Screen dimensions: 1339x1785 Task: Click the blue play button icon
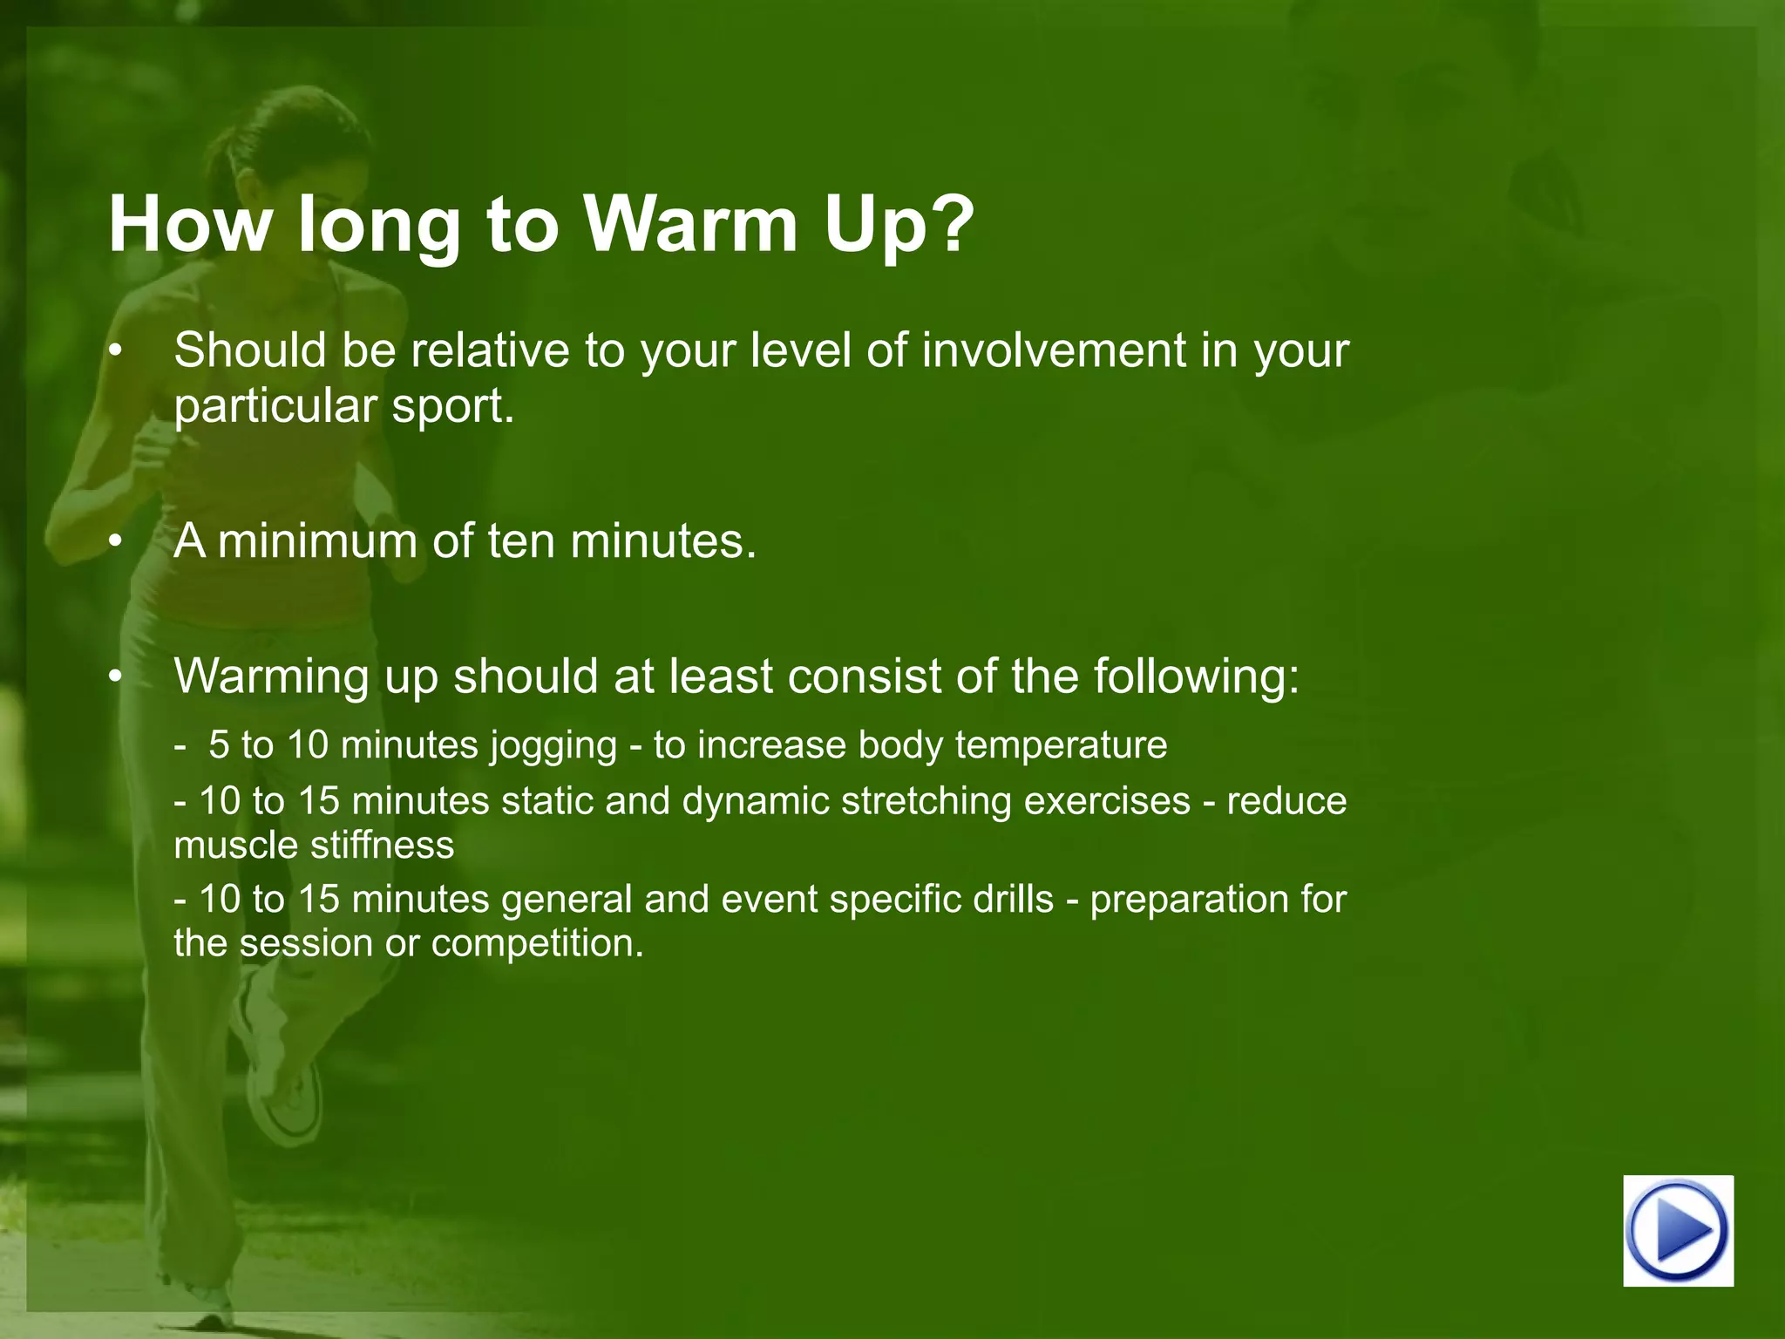point(1678,1230)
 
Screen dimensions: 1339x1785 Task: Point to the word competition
point(537,943)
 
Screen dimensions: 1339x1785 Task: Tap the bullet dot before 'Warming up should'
point(115,678)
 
